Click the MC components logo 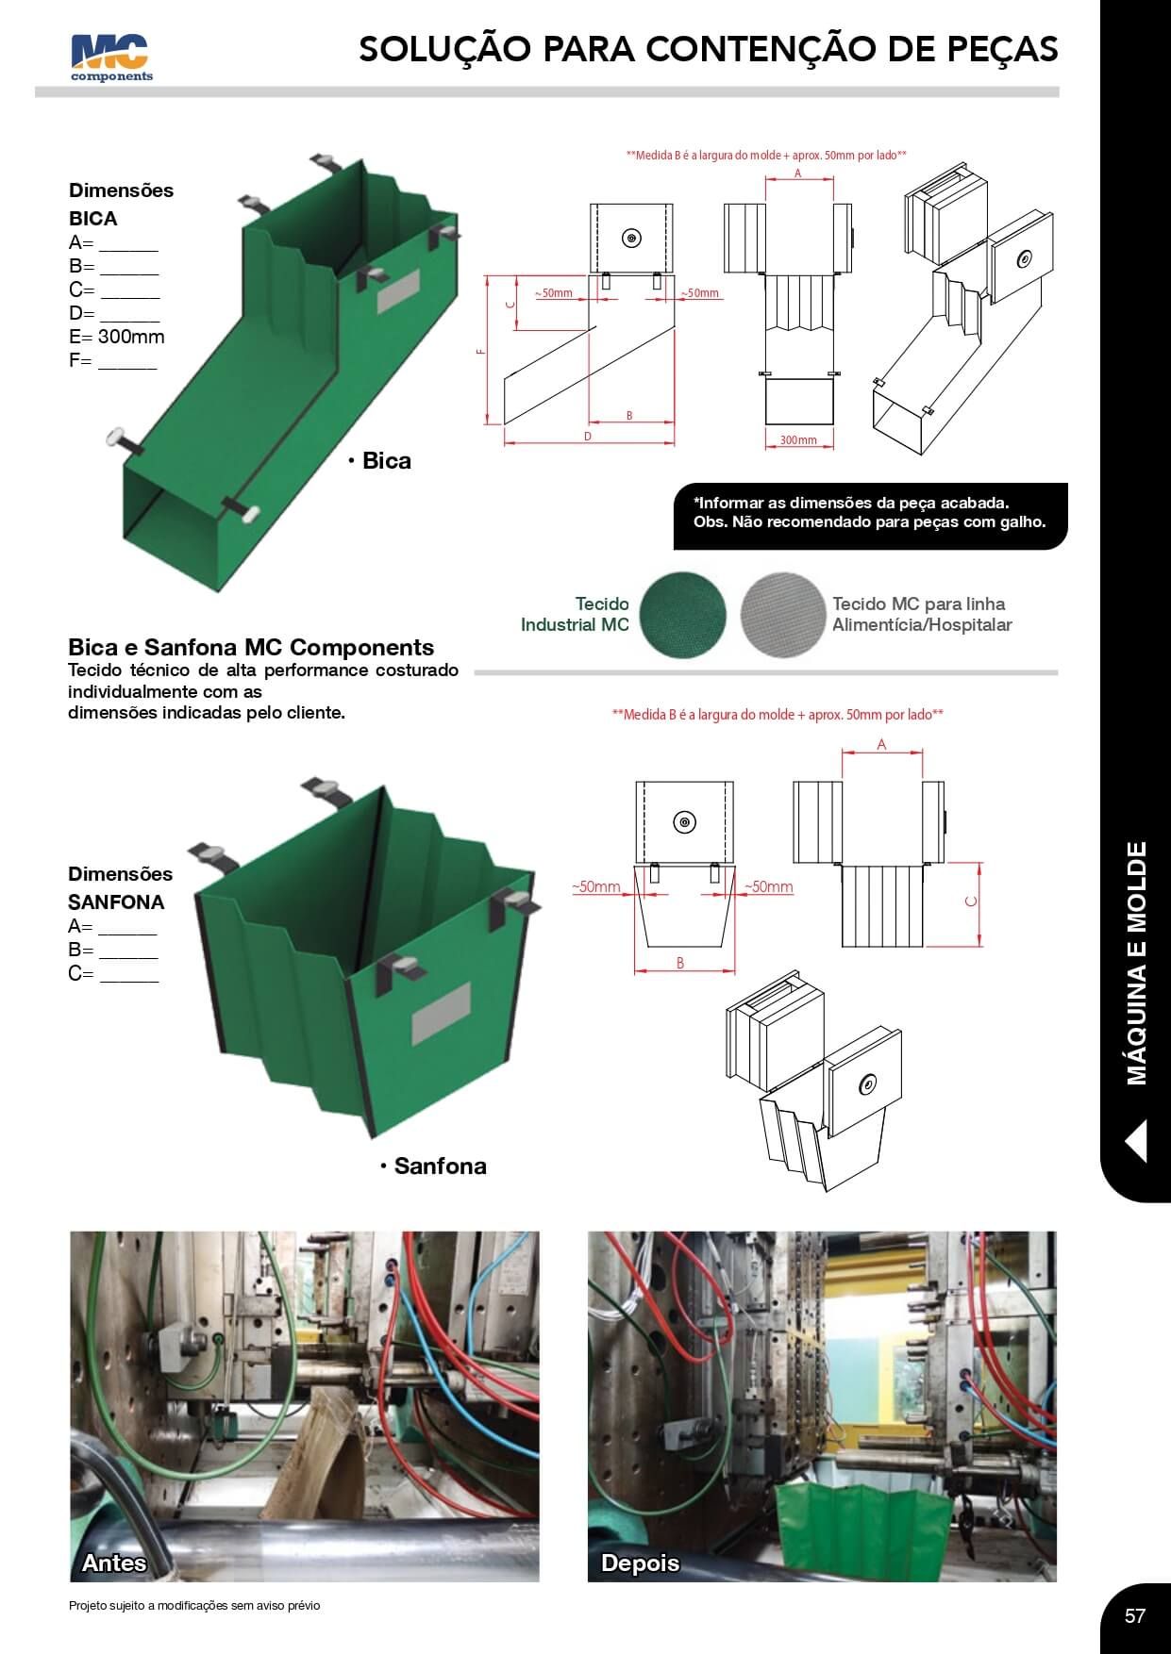pyautogui.click(x=111, y=58)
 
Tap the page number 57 pyautogui.click(x=1134, y=1615)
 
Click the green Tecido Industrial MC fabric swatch pyautogui.click(x=683, y=614)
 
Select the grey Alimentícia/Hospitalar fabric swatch pyautogui.click(x=782, y=614)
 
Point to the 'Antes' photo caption pyautogui.click(x=114, y=1563)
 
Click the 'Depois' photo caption pyautogui.click(x=640, y=1563)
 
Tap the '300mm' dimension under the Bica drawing pyautogui.click(x=798, y=440)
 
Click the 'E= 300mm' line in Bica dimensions pyautogui.click(x=117, y=337)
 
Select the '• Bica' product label pyautogui.click(x=379, y=460)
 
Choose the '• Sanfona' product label pyautogui.click(x=434, y=1166)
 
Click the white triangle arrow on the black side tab pyautogui.click(x=1136, y=1140)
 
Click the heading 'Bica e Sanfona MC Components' pyautogui.click(x=251, y=647)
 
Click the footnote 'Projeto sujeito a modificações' pyautogui.click(x=194, y=1605)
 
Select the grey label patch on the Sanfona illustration pyautogui.click(x=441, y=1015)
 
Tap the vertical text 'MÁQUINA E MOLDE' pyautogui.click(x=1136, y=963)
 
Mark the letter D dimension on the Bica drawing pyautogui.click(x=588, y=437)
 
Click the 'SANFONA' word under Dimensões pyautogui.click(x=116, y=901)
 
